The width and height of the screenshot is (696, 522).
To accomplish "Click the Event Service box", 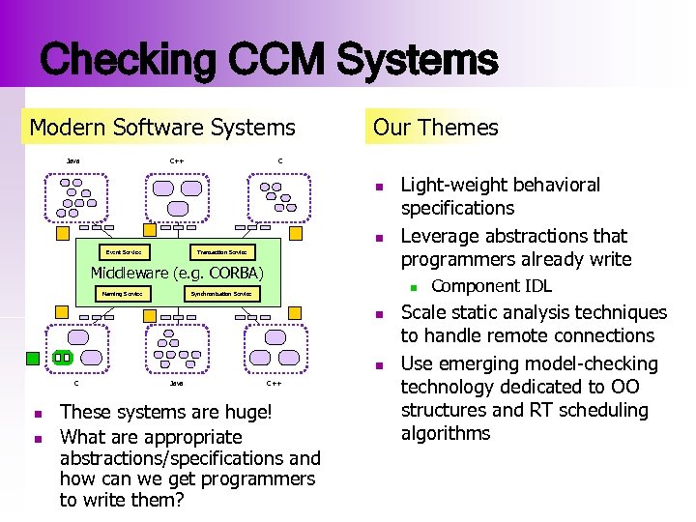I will pos(123,252).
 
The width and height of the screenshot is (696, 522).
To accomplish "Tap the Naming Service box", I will pos(123,293).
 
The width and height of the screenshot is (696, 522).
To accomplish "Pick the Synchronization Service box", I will pos(221,293).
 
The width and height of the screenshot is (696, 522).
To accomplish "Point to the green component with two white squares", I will pos(62,357).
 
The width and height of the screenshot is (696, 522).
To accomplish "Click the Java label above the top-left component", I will pos(73,160).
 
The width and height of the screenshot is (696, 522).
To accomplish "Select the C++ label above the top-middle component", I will pos(177,160).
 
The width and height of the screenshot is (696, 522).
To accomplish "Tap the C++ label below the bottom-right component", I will pos(274,384).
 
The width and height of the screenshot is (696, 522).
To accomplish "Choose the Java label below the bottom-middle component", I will pos(176,384).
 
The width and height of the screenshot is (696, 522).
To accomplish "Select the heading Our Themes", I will pos(435,127).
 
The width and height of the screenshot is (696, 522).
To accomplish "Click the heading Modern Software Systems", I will pos(162,127).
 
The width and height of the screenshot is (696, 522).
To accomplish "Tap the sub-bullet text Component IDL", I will pos(491,286).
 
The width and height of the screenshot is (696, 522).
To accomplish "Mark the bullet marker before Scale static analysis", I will pos(382,314).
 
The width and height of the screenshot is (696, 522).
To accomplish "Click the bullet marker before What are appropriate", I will pos(36,438).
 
